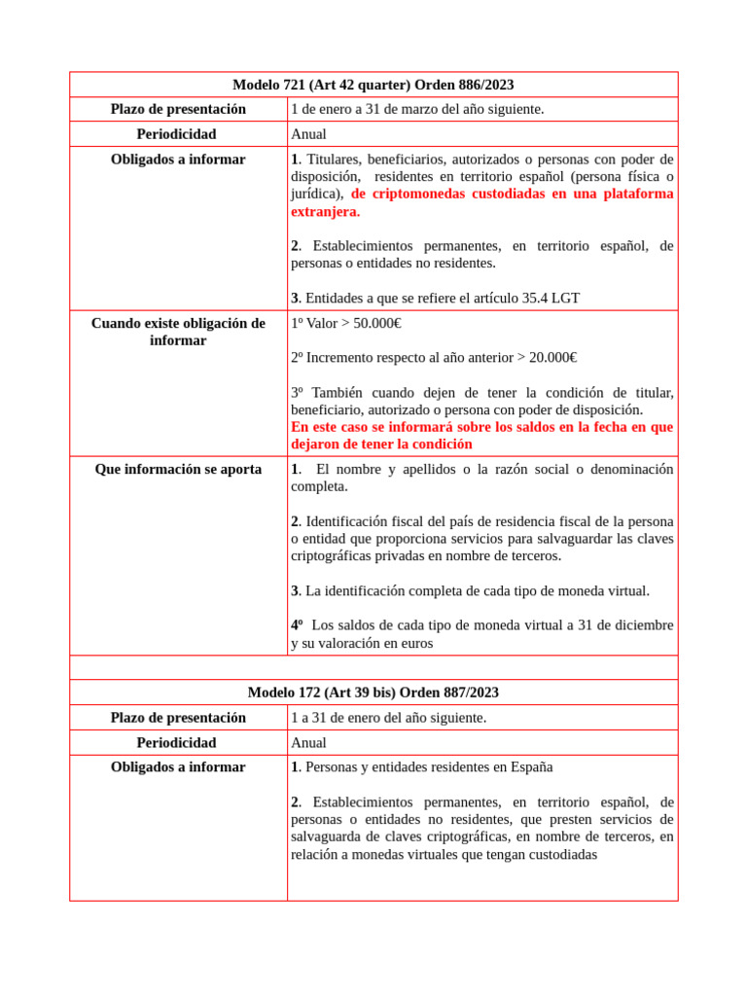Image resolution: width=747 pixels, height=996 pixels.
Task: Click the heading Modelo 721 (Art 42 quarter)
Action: click(373, 85)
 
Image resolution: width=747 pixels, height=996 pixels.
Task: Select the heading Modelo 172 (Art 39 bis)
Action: click(373, 693)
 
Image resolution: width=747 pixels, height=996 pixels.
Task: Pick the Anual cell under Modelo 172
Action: click(308, 742)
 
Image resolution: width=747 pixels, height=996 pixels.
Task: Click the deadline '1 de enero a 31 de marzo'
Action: click(417, 109)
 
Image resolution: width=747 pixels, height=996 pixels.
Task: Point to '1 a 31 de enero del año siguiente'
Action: click(388, 718)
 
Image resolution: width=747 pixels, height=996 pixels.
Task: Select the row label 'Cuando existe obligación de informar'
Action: click(178, 332)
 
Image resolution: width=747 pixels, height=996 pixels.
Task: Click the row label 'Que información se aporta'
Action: click(178, 469)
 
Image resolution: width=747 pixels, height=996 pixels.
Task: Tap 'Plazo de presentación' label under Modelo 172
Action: click(178, 718)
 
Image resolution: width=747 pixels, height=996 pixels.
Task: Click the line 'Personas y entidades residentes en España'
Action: click(428, 766)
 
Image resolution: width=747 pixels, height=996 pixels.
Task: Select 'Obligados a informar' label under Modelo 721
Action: click(178, 160)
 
